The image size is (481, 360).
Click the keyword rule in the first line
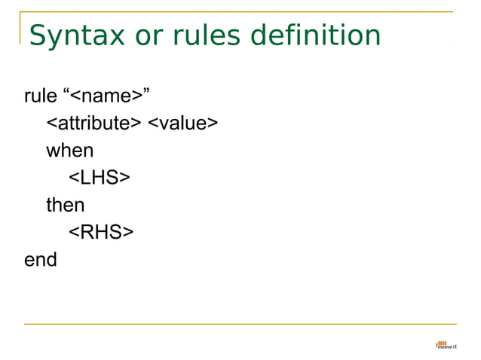(40, 96)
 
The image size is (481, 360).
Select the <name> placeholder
(106, 96)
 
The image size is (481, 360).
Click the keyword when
(69, 150)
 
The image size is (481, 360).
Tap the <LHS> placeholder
(100, 178)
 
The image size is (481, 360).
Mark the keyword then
(66, 205)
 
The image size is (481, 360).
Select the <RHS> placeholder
(101, 233)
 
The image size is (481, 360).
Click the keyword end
(41, 260)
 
